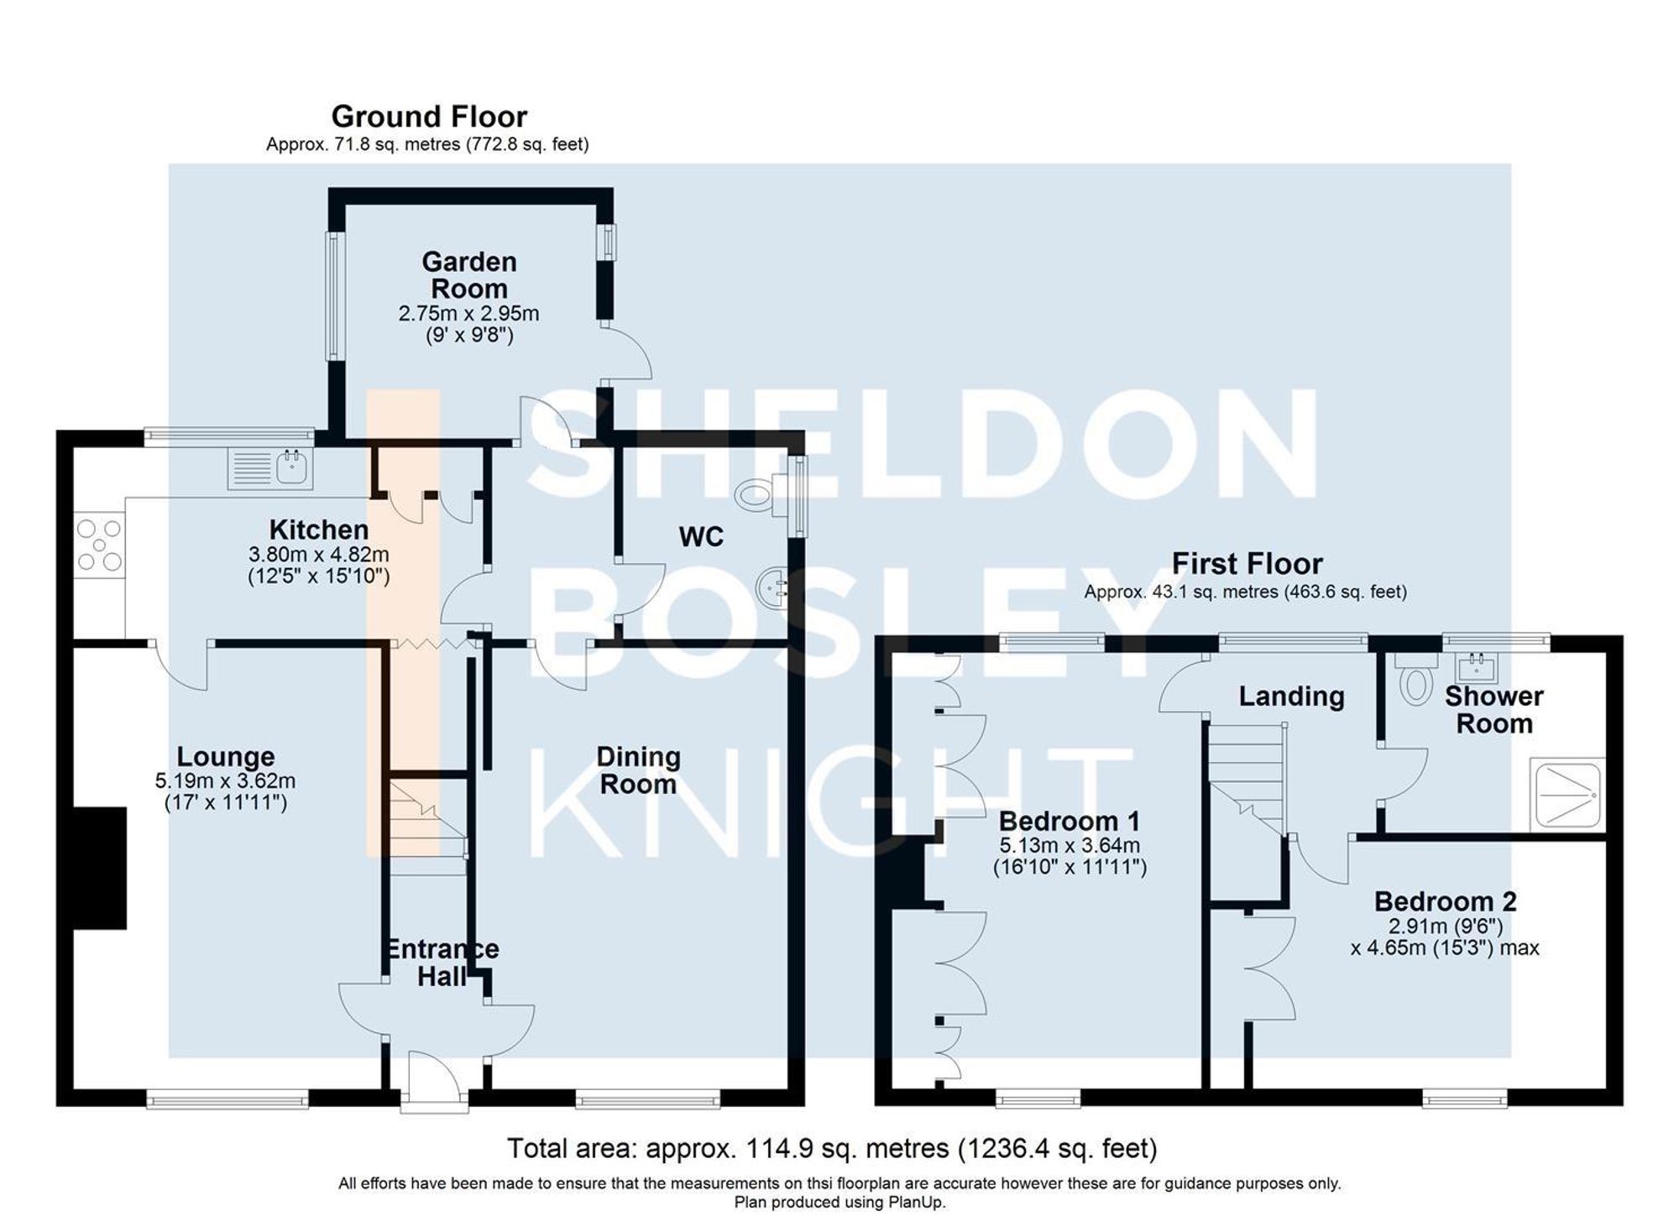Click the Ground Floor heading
pyautogui.click(x=429, y=116)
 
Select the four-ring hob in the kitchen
pyautogui.click(x=99, y=545)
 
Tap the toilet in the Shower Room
pyautogui.click(x=1416, y=681)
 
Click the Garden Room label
pyautogui.click(x=468, y=275)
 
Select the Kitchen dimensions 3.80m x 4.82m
pyautogui.click(x=319, y=555)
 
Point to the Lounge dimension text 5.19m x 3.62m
pyautogui.click(x=225, y=781)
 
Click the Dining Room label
pyautogui.click(x=638, y=770)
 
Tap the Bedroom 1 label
pyautogui.click(x=1070, y=820)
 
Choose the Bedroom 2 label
pyautogui.click(x=1445, y=901)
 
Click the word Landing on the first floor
pyautogui.click(x=1291, y=697)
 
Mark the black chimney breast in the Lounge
pyautogui.click(x=99, y=868)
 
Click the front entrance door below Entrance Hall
pyautogui.click(x=434, y=1083)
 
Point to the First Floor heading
pyautogui.click(x=1247, y=563)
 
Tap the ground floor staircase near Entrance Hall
pyautogui.click(x=426, y=827)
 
